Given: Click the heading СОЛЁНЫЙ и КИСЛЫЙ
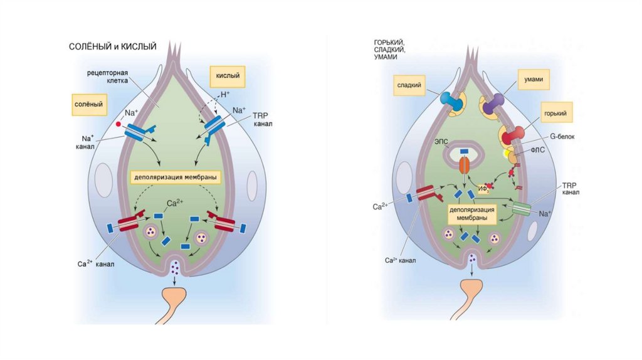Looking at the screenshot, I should [112, 46].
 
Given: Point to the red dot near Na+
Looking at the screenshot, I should [118, 125].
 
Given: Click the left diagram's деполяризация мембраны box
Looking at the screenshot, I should [176, 177].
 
